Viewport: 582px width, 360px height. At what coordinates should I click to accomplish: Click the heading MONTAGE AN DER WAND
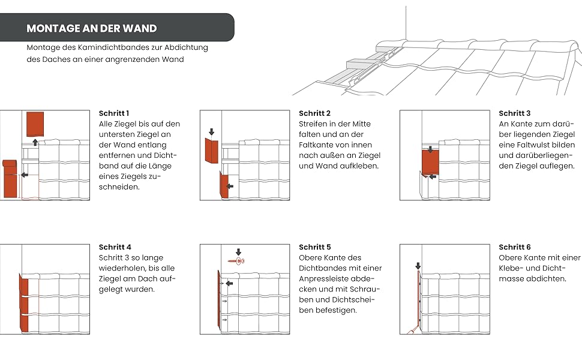[x=92, y=28]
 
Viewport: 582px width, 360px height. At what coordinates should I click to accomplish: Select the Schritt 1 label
[x=114, y=113]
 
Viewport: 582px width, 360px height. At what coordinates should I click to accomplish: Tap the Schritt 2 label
[x=314, y=113]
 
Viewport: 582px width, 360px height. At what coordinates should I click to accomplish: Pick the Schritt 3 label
[x=515, y=113]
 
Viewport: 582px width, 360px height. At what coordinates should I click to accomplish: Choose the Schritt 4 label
[x=115, y=247]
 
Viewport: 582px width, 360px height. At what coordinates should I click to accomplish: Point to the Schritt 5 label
[x=314, y=247]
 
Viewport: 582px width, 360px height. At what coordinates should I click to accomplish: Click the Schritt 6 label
[x=515, y=247]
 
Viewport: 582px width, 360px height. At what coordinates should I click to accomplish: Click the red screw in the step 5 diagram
[x=236, y=262]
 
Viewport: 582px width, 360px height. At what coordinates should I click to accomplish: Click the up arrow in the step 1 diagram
[x=35, y=142]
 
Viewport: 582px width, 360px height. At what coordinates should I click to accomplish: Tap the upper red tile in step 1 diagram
[x=35, y=123]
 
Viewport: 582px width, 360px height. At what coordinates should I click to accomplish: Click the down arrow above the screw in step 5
[x=238, y=252]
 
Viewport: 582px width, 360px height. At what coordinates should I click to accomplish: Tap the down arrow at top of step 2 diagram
[x=211, y=131]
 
